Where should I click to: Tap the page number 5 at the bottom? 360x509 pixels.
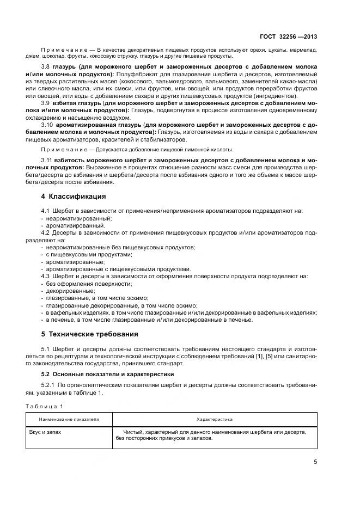click(315, 462)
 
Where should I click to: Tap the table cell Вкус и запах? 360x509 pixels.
click(45, 432)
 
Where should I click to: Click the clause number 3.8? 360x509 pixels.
click(46, 66)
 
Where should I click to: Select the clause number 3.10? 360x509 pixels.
click(47, 125)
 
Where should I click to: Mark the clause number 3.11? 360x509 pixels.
click(47, 161)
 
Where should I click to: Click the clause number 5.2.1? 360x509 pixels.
click(50, 385)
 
